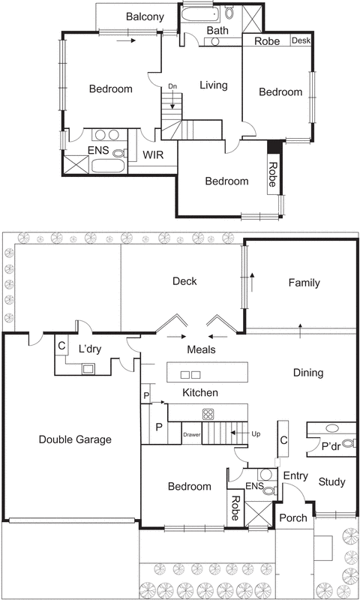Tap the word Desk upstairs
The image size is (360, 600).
(x=300, y=40)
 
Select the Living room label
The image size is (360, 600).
(x=213, y=85)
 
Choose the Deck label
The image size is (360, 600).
(x=184, y=282)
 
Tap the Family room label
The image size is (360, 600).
(x=304, y=283)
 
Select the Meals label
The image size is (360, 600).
(x=201, y=349)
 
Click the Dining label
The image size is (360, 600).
(x=307, y=373)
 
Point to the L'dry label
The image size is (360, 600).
(x=91, y=349)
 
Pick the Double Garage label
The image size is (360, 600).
(x=74, y=439)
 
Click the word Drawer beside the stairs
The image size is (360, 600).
(x=192, y=433)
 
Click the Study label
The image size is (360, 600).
(x=331, y=481)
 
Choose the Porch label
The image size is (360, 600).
(x=292, y=518)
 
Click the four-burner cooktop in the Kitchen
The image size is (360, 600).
(x=208, y=414)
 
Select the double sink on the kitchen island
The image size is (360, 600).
(x=191, y=374)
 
